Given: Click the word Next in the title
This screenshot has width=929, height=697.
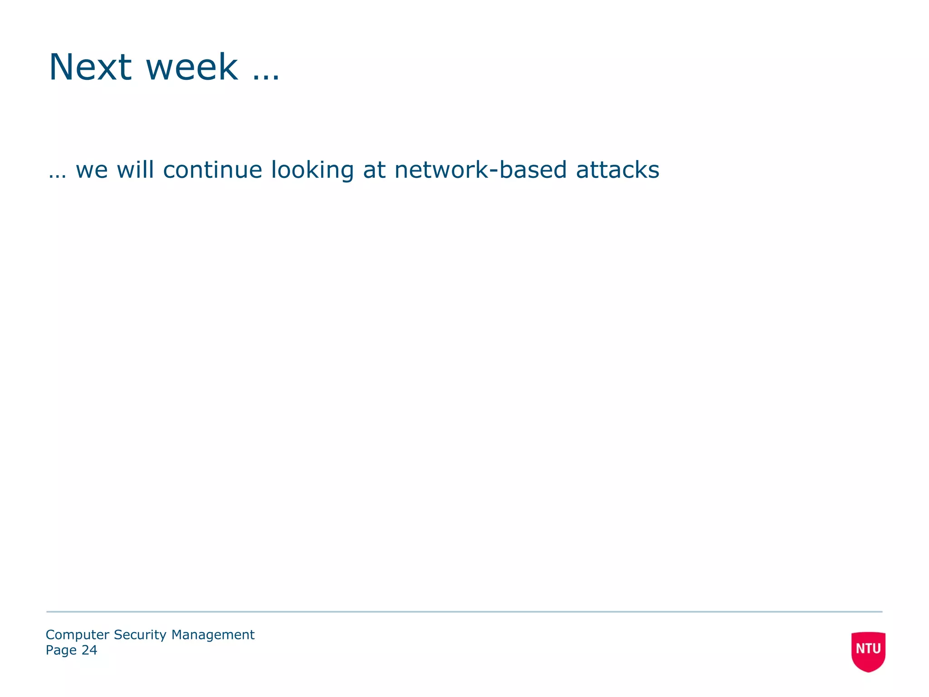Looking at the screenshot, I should tap(90, 67).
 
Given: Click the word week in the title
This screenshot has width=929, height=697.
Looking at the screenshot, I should tap(191, 67).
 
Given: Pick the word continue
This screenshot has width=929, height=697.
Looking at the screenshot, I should tap(212, 170).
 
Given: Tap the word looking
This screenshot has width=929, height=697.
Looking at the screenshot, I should tap(312, 171).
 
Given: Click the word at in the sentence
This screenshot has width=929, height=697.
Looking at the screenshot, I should tap(374, 170).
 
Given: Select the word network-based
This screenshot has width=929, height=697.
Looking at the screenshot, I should tap(480, 170).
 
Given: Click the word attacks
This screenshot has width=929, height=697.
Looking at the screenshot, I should tap(617, 170).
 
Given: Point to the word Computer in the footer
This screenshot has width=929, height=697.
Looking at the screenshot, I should tap(78, 635).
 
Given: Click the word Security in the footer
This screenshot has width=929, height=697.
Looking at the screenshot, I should tap(140, 635).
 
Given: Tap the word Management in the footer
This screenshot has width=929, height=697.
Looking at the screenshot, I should tap(213, 635).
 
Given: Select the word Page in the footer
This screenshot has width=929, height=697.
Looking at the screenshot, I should tap(61, 650).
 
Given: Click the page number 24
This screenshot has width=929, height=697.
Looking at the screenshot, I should tap(89, 650).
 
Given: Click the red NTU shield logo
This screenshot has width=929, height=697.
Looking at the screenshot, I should tap(868, 651).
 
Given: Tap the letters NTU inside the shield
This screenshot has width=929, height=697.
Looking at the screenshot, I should tap(868, 648).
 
